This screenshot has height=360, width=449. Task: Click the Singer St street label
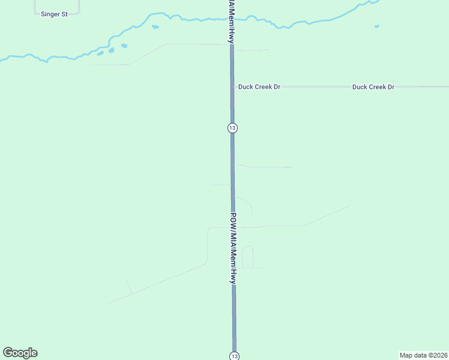(x=54, y=14)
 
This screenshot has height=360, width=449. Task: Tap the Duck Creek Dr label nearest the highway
(x=259, y=87)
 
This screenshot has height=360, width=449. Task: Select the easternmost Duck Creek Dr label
(x=373, y=87)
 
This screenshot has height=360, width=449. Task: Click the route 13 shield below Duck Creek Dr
(x=232, y=128)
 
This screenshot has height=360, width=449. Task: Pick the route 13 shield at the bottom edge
(x=234, y=356)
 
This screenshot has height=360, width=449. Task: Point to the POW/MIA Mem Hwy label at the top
(x=231, y=21)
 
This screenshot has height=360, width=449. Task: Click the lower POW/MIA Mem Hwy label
(x=234, y=248)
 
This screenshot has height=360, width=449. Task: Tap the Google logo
(x=20, y=353)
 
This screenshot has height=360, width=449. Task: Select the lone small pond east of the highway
(x=377, y=26)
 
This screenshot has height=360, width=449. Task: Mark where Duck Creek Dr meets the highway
(x=232, y=87)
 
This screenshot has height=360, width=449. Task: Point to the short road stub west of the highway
(x=220, y=185)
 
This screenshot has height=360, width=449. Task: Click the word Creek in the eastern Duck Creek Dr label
(x=377, y=87)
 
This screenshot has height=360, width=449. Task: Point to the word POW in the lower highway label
(x=234, y=220)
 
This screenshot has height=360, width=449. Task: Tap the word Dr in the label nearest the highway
(x=277, y=87)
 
